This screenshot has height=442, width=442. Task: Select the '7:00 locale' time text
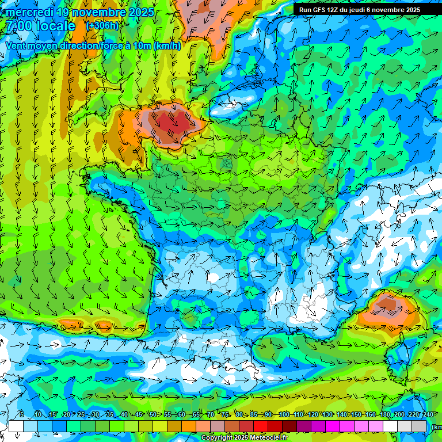click(x=41, y=26)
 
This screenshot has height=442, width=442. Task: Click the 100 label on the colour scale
click(x=284, y=414)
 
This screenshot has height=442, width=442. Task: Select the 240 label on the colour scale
click(x=428, y=414)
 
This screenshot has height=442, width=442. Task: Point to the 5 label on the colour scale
click(x=22, y=414)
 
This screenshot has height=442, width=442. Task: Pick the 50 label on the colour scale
click(x=153, y=414)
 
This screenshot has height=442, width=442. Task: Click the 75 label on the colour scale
click(x=225, y=414)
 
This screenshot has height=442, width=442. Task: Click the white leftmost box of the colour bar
click(x=16, y=426)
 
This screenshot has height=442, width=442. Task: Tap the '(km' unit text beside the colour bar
click(x=436, y=426)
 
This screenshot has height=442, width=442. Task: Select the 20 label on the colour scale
click(x=66, y=414)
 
